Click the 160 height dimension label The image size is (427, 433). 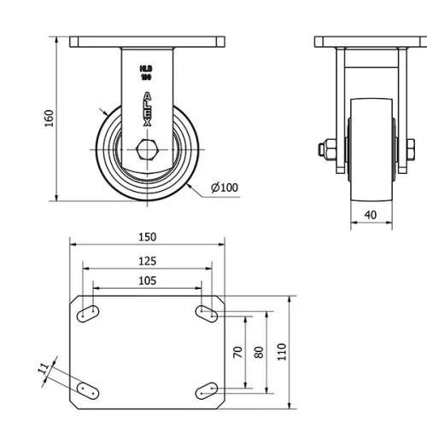(x=49, y=117)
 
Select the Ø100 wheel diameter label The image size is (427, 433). (x=224, y=188)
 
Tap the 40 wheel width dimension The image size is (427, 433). (x=371, y=215)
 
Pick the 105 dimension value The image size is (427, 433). (x=146, y=280)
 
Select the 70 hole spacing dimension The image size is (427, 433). (x=238, y=351)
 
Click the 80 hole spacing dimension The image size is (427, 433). (x=260, y=351)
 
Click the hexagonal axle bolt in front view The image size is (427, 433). (x=147, y=150)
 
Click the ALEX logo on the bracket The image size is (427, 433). (x=147, y=109)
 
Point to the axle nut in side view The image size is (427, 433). (x=325, y=150)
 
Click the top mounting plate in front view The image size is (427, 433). (x=147, y=41)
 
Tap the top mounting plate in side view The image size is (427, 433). (x=371, y=41)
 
